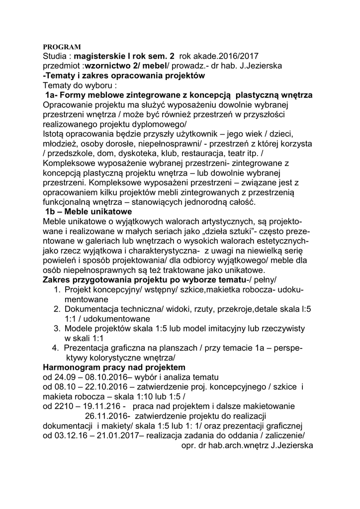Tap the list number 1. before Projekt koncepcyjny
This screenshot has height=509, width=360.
point(57,289)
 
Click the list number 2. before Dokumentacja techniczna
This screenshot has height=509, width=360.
point(57,309)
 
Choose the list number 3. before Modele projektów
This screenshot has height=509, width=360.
point(57,328)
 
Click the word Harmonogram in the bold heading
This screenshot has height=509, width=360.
point(71,367)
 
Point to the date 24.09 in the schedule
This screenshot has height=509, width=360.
point(63,377)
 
